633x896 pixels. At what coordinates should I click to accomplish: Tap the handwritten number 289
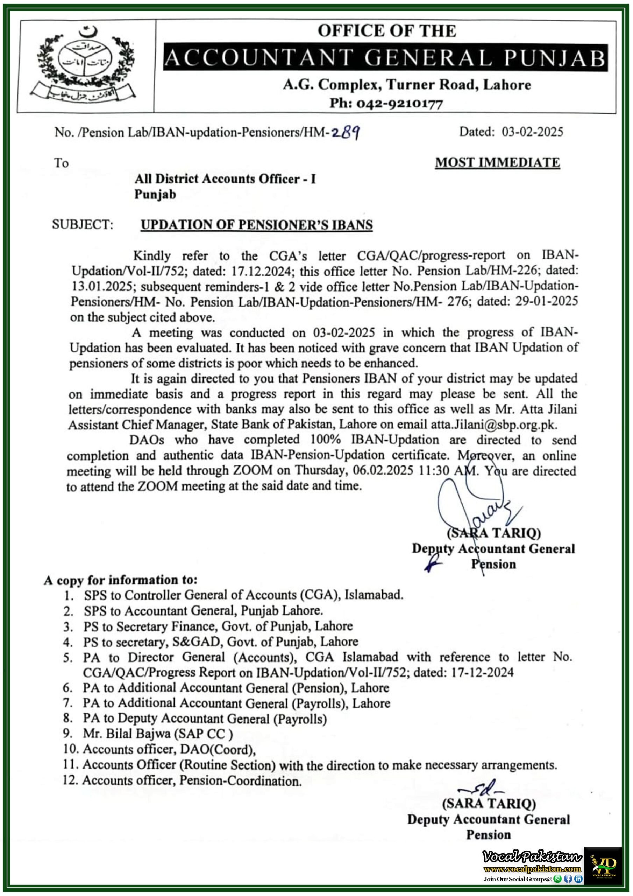pos(345,133)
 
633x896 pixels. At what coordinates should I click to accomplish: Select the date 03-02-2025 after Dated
pos(532,132)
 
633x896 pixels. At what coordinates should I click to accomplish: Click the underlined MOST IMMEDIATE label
pos(497,162)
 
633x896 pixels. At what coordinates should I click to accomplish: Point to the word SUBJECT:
pos(83,224)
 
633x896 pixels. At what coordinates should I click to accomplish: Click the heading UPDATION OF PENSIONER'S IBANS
pos(257,225)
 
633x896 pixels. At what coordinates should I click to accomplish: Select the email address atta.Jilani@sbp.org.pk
pos(493,424)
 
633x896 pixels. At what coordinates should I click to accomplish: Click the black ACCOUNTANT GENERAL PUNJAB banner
pos(385,58)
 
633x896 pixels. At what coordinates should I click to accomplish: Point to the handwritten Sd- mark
pos(481,787)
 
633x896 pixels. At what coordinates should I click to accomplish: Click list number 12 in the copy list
pos(70,780)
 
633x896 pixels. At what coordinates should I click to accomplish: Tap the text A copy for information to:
pos(121,580)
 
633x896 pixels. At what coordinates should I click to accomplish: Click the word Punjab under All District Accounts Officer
pos(155,194)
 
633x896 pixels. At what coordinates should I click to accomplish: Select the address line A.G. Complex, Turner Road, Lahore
pos(407,85)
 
